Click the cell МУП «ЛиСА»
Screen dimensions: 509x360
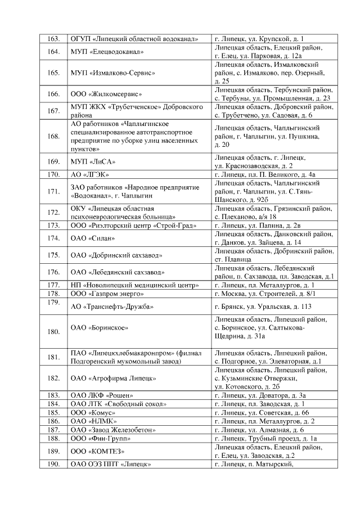coord(93,162)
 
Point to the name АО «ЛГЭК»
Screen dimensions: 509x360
coord(89,174)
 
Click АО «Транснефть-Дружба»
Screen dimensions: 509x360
coord(112,307)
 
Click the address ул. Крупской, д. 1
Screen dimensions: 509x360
coord(259,39)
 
